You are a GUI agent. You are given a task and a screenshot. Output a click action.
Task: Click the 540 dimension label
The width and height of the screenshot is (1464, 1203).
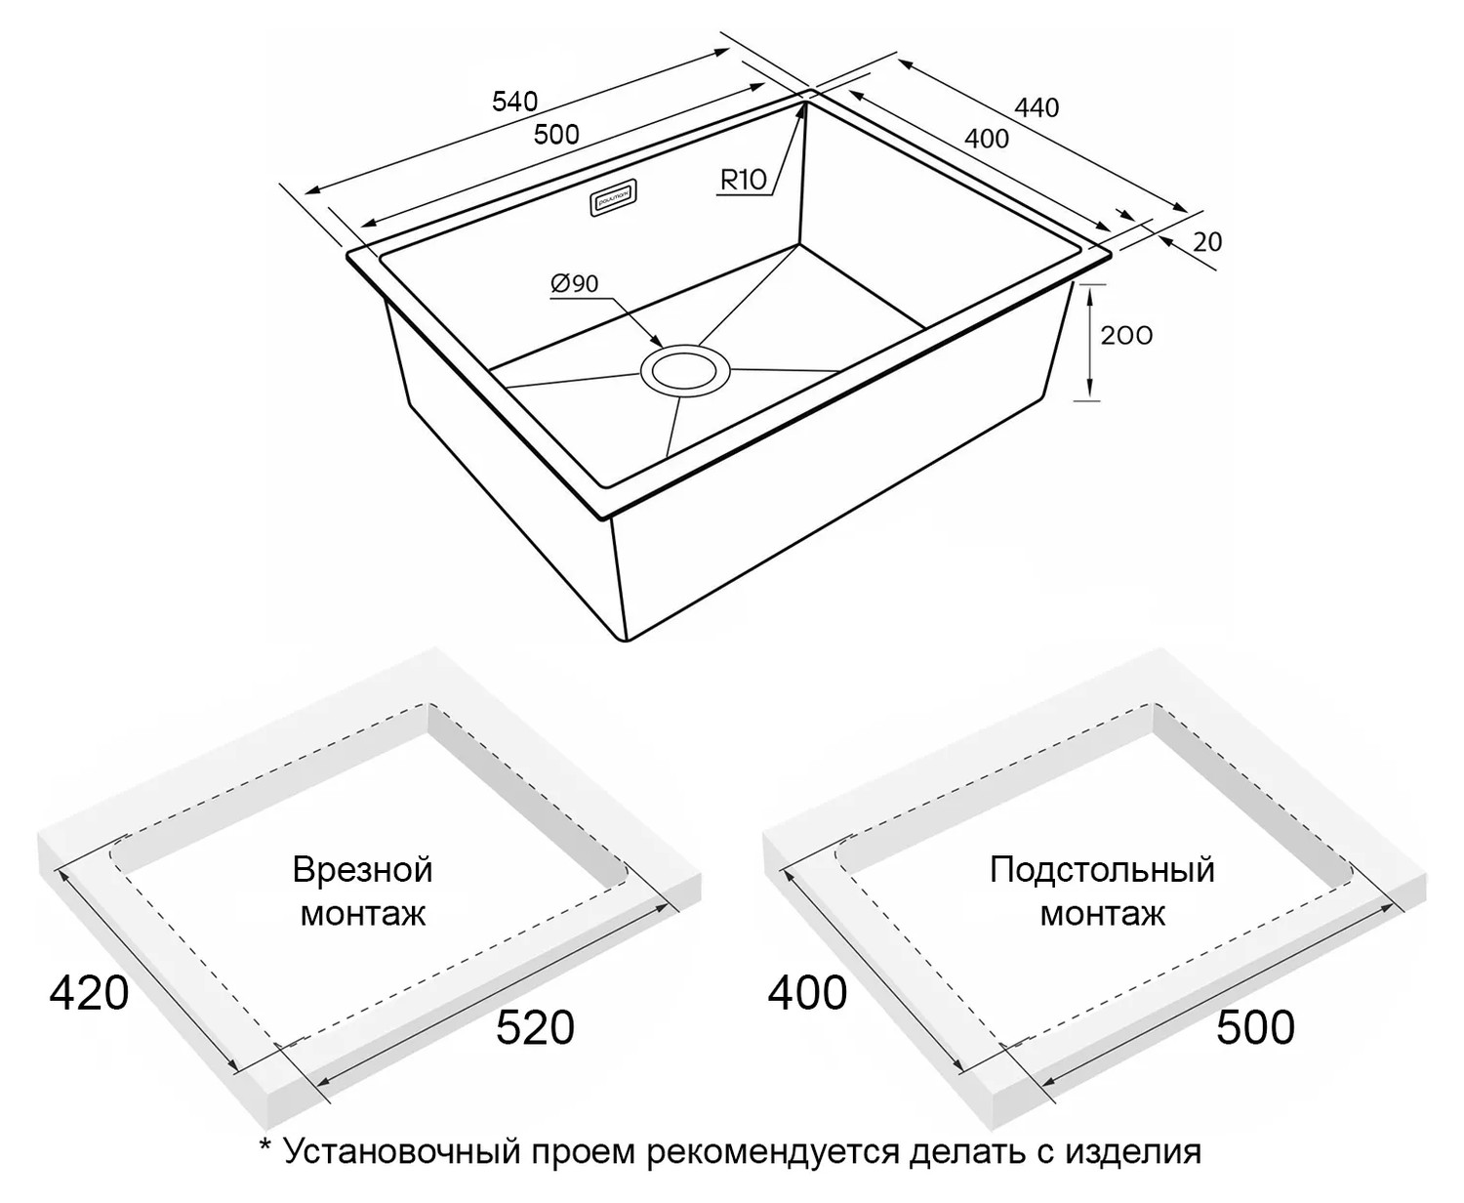pyautogui.click(x=514, y=103)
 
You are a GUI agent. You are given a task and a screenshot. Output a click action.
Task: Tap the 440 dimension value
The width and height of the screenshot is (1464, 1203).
pyautogui.click(x=1037, y=107)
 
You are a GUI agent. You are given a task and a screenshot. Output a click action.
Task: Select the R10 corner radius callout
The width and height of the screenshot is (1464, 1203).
pyautogui.click(x=744, y=180)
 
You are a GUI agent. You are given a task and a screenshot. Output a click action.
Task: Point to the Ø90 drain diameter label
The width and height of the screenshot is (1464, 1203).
pyautogui.click(x=574, y=283)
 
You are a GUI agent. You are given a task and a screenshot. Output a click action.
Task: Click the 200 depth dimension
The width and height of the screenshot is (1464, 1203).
pyautogui.click(x=1126, y=336)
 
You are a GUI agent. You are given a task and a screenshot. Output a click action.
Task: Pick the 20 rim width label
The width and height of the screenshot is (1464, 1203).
pyautogui.click(x=1207, y=242)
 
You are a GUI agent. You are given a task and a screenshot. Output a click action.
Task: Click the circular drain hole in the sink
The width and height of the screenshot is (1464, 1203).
pyautogui.click(x=685, y=369)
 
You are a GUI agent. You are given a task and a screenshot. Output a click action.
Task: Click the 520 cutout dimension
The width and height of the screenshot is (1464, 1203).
pyautogui.click(x=535, y=1028)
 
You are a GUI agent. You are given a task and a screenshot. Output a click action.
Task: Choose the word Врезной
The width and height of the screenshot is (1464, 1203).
pyautogui.click(x=362, y=870)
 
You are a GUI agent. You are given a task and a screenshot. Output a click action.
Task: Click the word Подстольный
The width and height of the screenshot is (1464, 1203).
pyautogui.click(x=1102, y=870)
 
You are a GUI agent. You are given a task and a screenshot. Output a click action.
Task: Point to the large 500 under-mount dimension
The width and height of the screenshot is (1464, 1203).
pyautogui.click(x=1255, y=1028)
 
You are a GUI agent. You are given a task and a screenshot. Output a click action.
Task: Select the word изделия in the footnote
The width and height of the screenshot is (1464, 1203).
pyautogui.click(x=1133, y=1152)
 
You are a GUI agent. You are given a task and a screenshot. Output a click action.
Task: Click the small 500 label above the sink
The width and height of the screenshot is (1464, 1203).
pyautogui.click(x=556, y=134)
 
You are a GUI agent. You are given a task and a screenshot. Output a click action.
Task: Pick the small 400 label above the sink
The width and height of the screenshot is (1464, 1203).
pyautogui.click(x=987, y=139)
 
